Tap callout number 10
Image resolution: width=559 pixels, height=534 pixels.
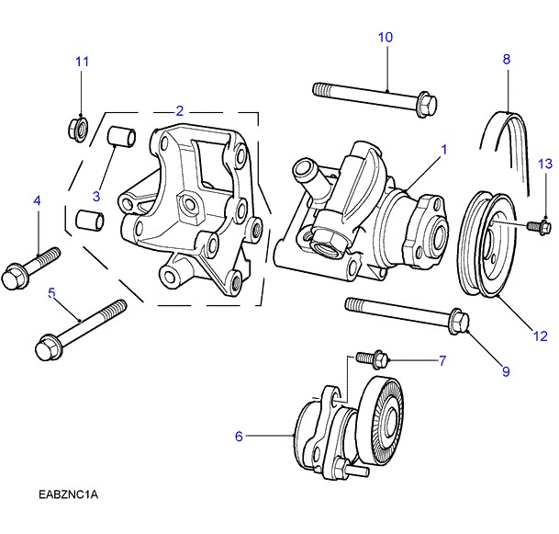[386, 38]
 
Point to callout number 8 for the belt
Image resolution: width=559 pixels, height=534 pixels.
[506, 59]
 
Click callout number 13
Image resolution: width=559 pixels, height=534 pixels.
[544, 164]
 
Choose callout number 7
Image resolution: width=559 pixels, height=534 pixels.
[441, 359]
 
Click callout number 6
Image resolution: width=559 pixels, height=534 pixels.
[239, 437]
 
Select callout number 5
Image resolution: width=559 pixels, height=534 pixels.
[52, 293]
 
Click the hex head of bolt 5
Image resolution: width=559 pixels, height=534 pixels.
[46, 350]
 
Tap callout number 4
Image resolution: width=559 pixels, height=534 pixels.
[38, 200]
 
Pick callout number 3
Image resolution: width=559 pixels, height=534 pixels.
[95, 195]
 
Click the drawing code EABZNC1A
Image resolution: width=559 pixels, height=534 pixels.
[68, 495]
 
